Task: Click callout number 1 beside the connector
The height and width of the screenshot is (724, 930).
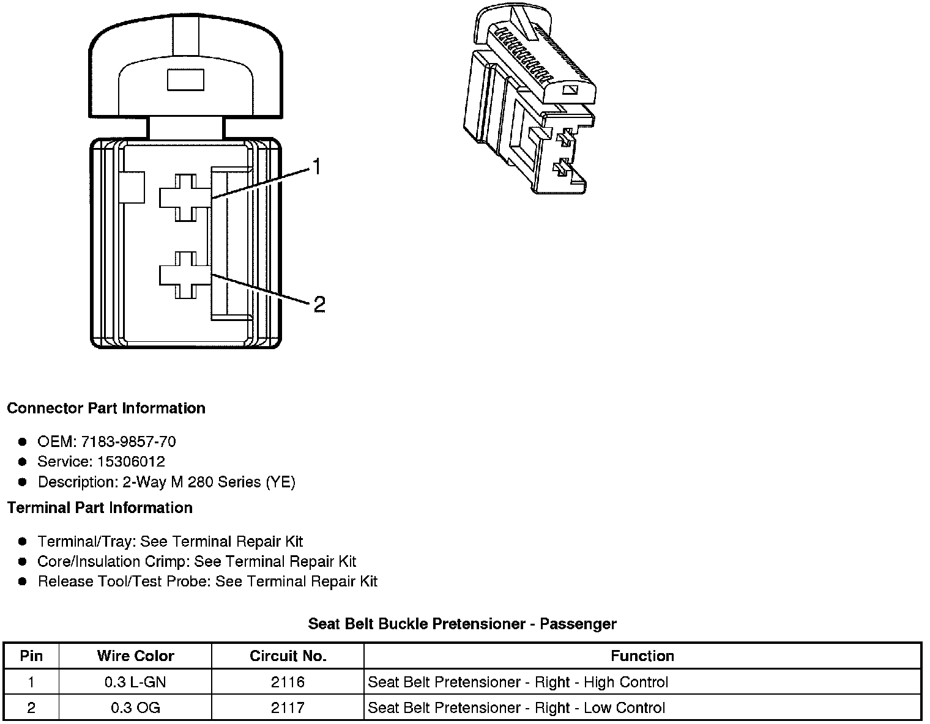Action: tap(316, 167)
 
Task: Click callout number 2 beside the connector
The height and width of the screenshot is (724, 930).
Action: tap(319, 304)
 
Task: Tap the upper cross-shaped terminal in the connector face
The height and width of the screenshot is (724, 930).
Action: tap(185, 198)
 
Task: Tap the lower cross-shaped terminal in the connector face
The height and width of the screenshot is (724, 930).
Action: tap(185, 275)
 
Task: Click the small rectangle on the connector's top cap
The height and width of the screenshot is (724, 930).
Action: tap(185, 80)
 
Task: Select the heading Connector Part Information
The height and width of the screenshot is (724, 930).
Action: tap(106, 408)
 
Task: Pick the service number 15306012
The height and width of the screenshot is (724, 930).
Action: tap(131, 462)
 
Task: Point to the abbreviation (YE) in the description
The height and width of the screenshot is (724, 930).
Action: tap(280, 482)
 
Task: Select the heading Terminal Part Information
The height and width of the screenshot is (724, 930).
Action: tap(100, 508)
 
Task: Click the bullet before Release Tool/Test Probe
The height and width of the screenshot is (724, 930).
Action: tap(23, 582)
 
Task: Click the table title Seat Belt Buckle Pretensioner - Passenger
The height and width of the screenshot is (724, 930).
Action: tap(462, 624)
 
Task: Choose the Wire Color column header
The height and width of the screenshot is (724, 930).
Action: tap(135, 656)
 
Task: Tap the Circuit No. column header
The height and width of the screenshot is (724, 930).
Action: tap(288, 656)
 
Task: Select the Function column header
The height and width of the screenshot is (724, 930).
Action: tap(642, 656)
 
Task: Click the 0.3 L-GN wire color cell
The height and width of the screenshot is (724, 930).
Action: tap(135, 682)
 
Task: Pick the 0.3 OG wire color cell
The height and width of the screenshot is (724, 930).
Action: tap(135, 708)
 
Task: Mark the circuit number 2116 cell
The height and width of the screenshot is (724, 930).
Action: tap(288, 682)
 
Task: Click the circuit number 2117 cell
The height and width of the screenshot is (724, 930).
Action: tap(288, 708)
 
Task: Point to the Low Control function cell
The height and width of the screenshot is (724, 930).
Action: tap(516, 708)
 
